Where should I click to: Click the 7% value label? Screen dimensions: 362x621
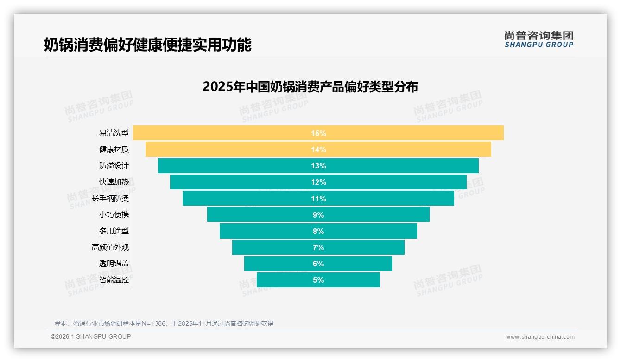(318, 247)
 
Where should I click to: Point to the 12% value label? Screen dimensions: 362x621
(318, 182)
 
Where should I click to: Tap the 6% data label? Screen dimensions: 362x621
(318, 264)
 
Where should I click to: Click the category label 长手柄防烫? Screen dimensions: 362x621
(110, 199)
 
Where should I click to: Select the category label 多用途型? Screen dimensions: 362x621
(114, 231)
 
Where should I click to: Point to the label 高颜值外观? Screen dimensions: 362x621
(110, 247)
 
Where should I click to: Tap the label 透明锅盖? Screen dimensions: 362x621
(114, 264)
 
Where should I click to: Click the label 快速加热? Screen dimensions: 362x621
(114, 182)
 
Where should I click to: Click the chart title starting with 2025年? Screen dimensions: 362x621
(310, 87)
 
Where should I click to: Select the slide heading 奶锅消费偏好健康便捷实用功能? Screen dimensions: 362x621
(147, 45)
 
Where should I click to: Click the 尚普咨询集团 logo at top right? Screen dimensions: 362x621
(539, 39)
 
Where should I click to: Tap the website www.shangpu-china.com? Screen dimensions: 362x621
(540, 337)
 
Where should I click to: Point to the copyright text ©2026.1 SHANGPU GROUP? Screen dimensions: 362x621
(91, 336)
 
